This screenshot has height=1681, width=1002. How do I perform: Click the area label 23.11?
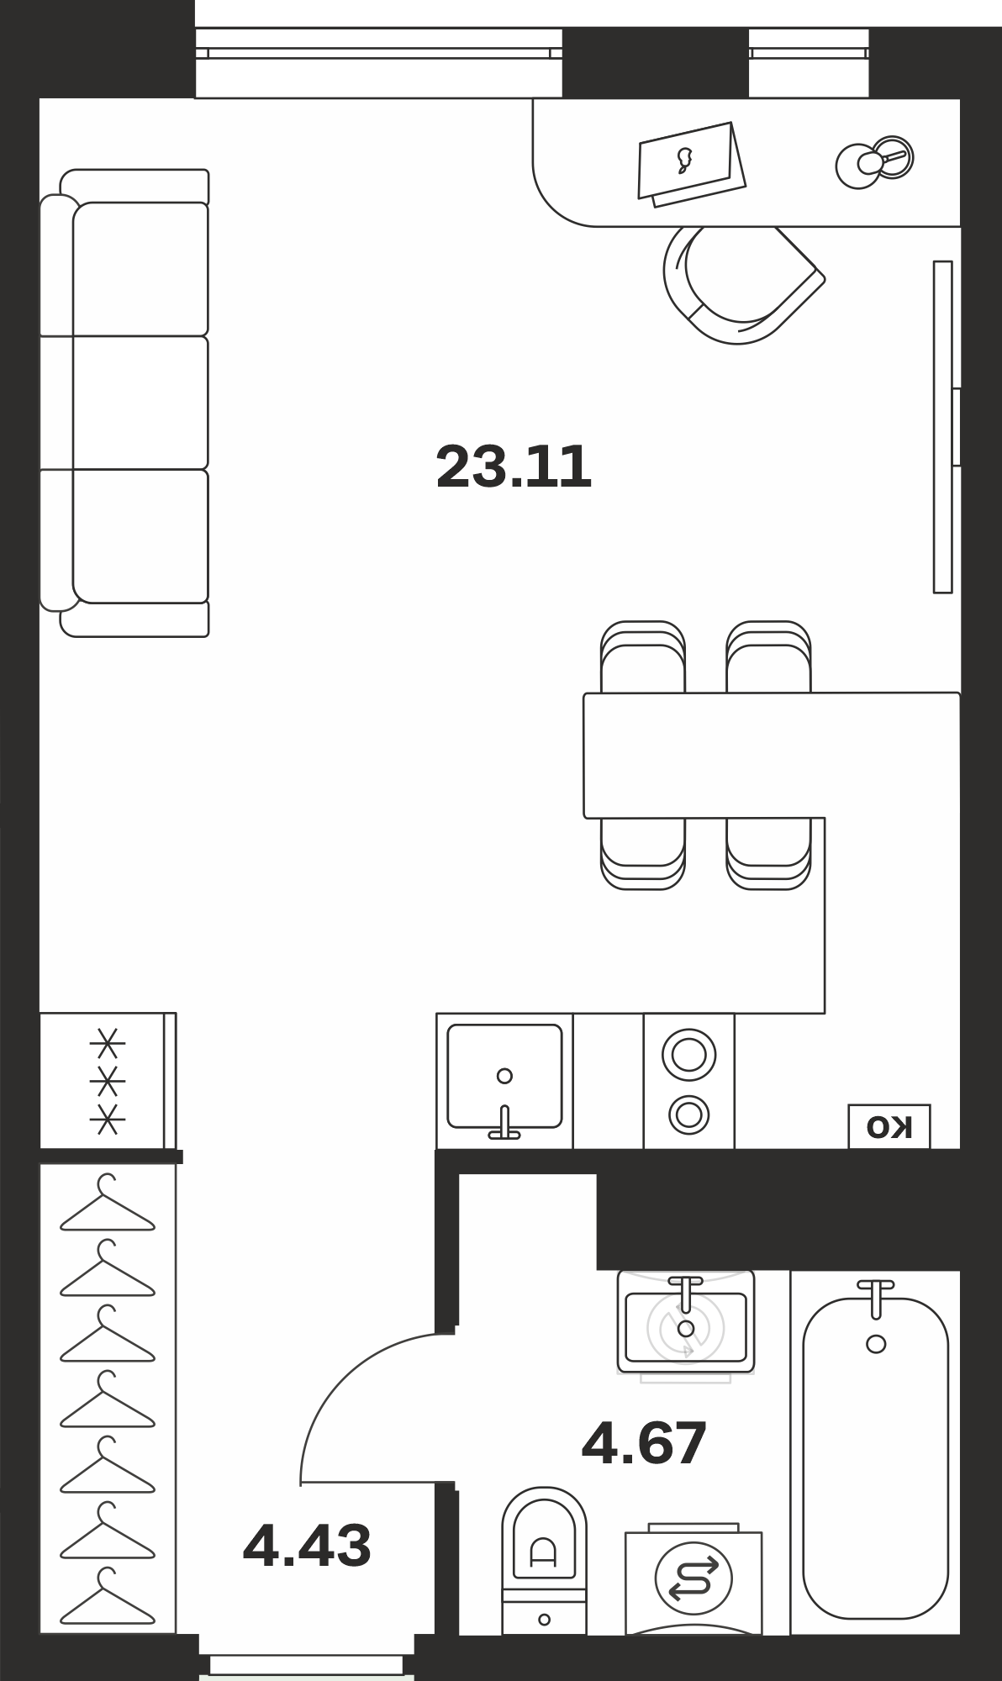point(514,466)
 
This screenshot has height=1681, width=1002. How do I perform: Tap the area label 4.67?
point(644,1443)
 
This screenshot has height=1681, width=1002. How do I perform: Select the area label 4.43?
point(307,1545)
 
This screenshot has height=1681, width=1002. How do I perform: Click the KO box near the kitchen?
point(889,1126)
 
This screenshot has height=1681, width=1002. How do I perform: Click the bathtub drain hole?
point(876,1344)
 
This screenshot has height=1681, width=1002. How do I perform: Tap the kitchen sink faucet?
point(504,1123)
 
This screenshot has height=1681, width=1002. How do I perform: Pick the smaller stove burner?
point(688,1115)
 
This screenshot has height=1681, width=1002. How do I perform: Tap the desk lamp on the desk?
point(875,161)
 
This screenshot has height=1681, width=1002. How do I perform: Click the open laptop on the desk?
point(691,164)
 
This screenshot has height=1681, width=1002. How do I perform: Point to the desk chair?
point(740,284)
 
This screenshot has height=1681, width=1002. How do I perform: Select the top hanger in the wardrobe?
point(108,1203)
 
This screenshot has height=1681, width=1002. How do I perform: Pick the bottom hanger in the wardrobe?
point(108,1596)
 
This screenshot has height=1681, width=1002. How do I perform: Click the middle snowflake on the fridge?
point(108,1082)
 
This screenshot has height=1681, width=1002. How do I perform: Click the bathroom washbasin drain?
point(686,1329)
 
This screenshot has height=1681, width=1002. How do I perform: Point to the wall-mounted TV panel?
point(942,427)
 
